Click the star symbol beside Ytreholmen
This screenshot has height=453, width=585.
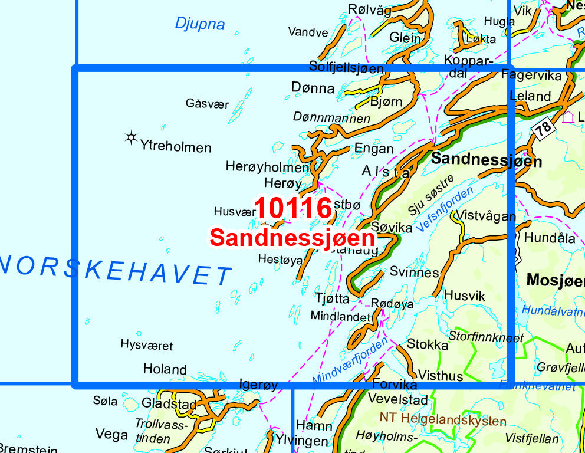131,138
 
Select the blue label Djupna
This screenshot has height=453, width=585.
200,24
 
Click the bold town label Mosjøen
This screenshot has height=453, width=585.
554,280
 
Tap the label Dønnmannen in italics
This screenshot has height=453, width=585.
331,118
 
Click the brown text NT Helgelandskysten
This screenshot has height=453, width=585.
443,421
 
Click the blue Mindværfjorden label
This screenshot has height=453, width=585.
350,359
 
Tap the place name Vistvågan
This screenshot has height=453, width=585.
486,216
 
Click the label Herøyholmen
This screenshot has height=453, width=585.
267,168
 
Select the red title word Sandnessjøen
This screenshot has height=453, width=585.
292,238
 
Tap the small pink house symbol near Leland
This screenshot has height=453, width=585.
568,116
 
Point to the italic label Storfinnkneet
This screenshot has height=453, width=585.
486,337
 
